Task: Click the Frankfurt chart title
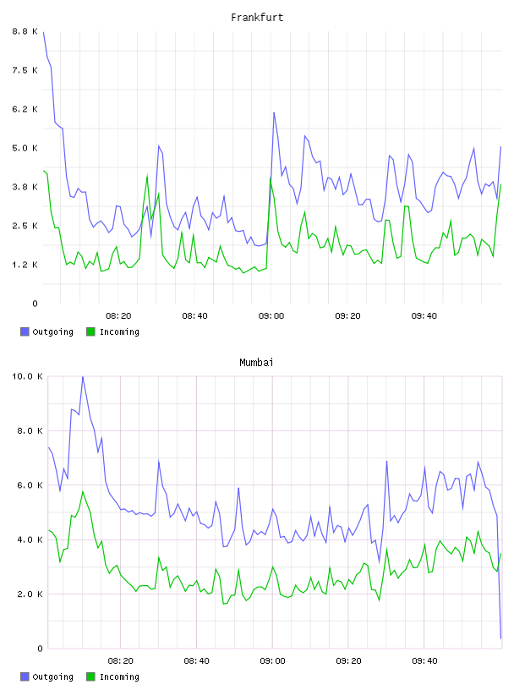point(257,18)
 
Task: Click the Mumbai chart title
point(256,363)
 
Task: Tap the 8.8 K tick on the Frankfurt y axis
point(25,31)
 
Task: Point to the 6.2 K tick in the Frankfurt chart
point(25,109)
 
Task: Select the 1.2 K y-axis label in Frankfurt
point(25,265)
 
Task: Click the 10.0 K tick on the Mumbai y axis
point(27,376)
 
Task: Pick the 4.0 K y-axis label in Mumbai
point(30,539)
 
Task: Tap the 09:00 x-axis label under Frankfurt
point(271,316)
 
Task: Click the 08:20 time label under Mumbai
point(121,661)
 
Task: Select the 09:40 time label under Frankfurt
point(424,316)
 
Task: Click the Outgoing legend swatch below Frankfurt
point(25,331)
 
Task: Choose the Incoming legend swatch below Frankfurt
point(90,331)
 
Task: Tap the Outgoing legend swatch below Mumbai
point(25,676)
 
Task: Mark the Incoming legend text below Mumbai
point(119,676)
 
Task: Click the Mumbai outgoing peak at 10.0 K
point(83,377)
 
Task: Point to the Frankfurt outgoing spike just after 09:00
point(274,113)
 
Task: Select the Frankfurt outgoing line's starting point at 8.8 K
point(44,32)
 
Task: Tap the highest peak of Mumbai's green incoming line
point(83,491)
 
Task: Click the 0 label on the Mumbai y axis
point(40,649)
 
